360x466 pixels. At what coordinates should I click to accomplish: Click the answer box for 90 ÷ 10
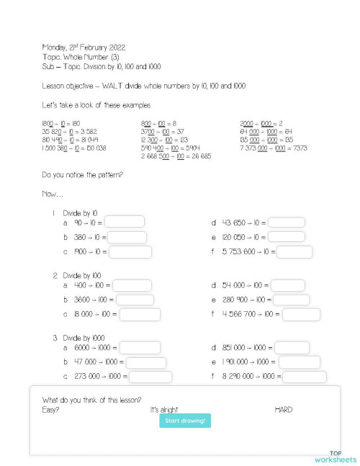coord(125,222)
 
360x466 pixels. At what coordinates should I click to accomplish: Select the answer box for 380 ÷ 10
coord(127,237)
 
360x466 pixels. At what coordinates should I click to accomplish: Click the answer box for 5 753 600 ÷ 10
coord(294,252)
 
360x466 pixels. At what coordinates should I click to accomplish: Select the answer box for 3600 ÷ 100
coord(135,300)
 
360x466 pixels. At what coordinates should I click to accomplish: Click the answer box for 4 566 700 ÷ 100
coord(302,314)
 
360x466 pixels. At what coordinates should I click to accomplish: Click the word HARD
coord(284,410)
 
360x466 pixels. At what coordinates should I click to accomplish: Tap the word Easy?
coord(51,410)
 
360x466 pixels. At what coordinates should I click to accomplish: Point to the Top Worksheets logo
coord(335,457)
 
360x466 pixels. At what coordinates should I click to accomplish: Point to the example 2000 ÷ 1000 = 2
coord(261,123)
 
